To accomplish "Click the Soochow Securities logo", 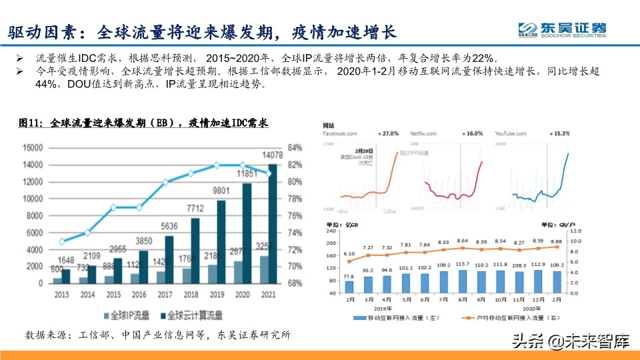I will (563, 30).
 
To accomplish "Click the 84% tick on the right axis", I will (295, 148).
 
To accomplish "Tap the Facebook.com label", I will (344, 134).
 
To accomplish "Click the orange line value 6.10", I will (349, 255).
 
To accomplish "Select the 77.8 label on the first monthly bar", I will (349, 275).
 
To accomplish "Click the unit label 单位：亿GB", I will (340, 226).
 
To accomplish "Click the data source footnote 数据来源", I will (157, 335).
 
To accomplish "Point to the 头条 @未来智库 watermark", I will (571, 343).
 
